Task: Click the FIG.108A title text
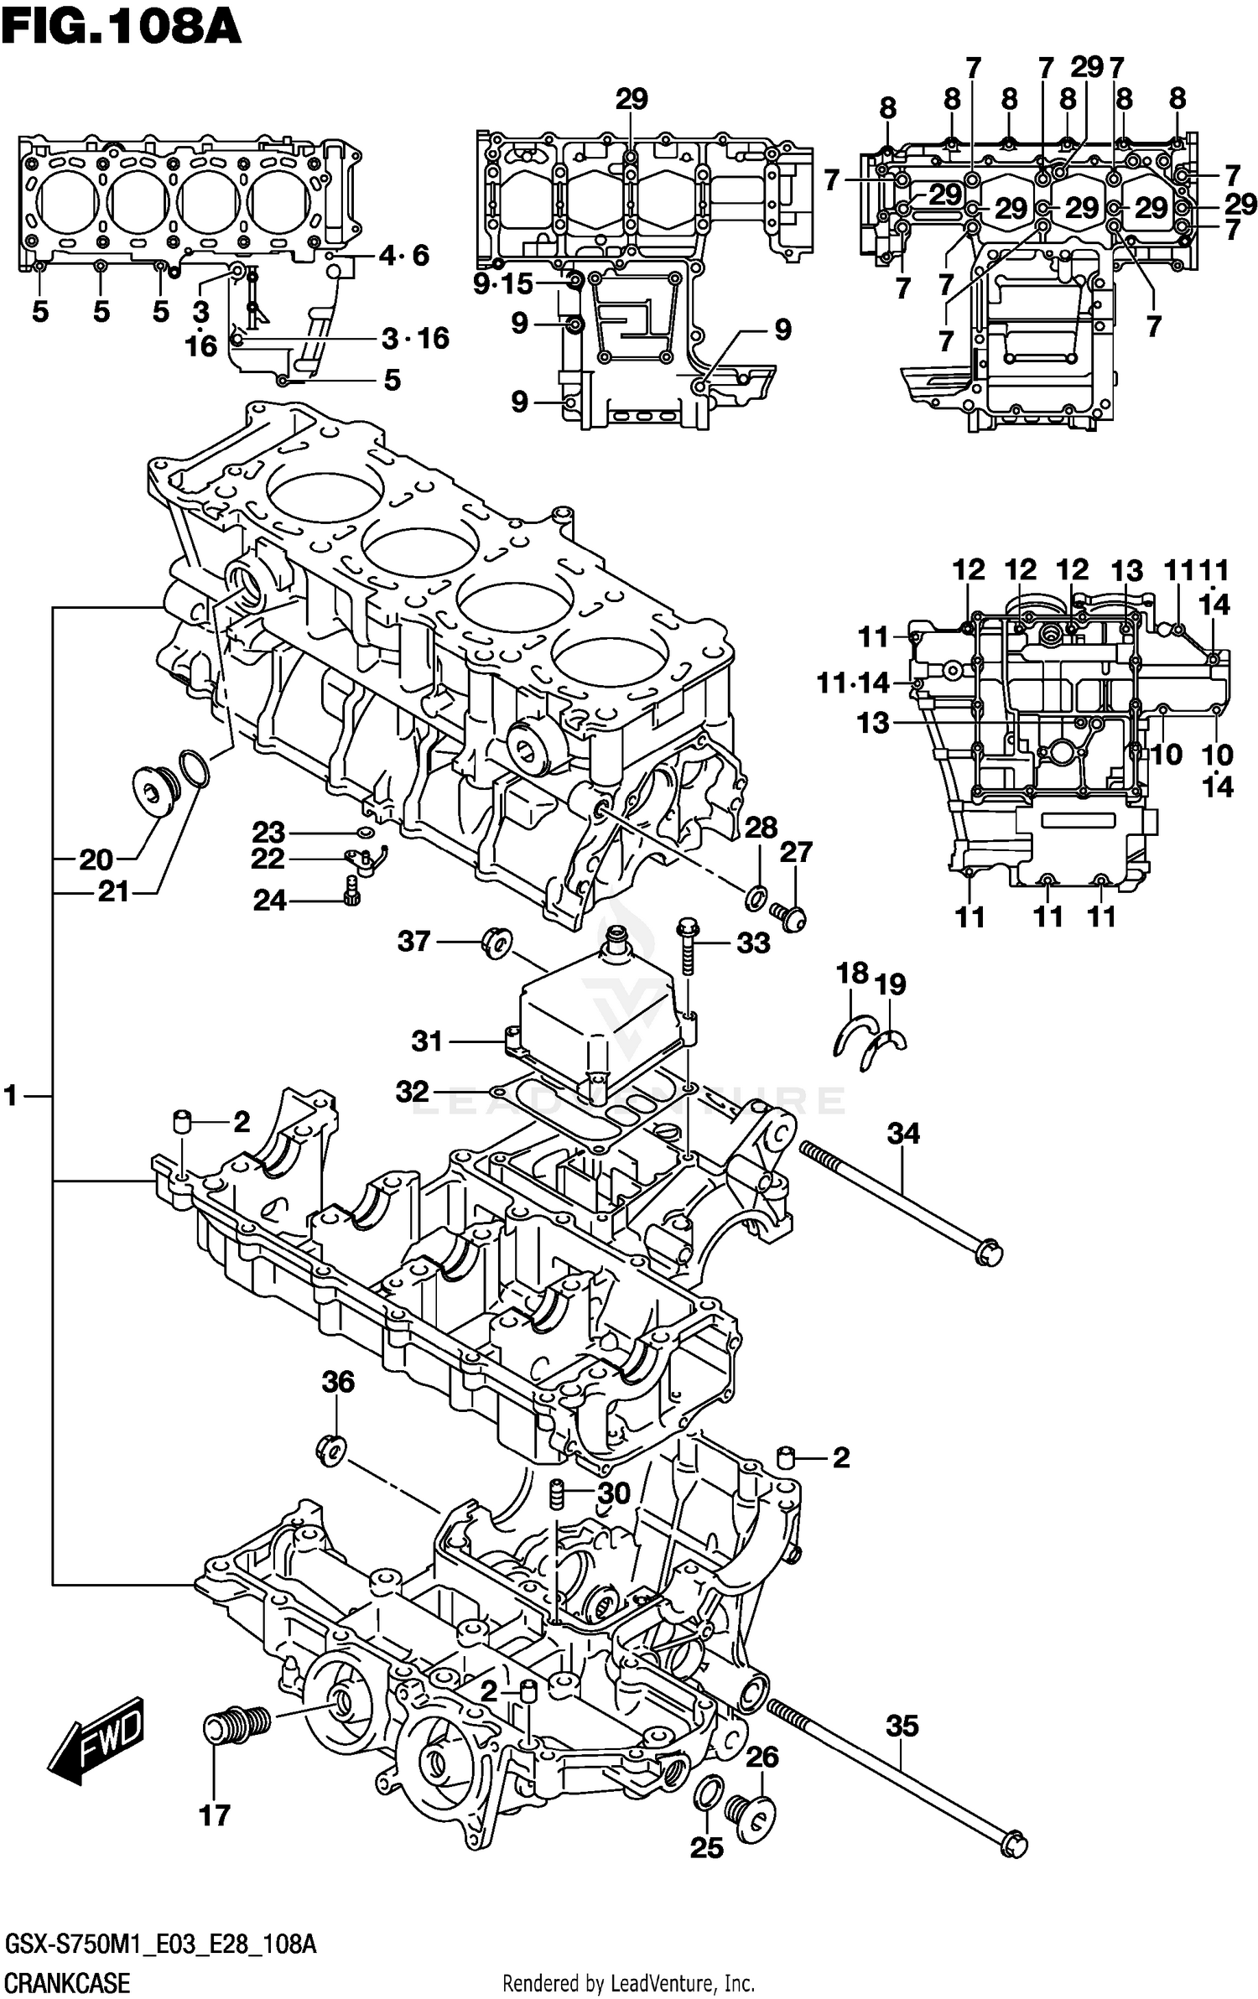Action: pos(122,27)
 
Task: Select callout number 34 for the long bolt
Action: pos(903,1134)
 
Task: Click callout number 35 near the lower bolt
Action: pos(902,1726)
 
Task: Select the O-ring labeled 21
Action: pos(193,770)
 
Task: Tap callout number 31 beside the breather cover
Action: pos(427,1041)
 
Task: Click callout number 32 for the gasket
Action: pos(413,1091)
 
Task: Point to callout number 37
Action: pos(413,941)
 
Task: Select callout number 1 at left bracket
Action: pos(11,1095)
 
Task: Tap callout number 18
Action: pos(852,974)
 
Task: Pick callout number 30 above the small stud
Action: pos(613,1493)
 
